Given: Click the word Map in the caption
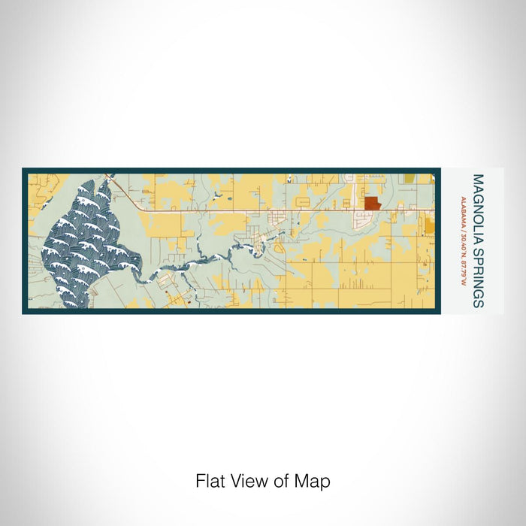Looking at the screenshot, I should (x=315, y=481).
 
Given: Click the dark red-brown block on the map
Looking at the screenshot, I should (x=373, y=204).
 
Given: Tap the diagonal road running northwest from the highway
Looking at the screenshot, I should (x=124, y=195).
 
